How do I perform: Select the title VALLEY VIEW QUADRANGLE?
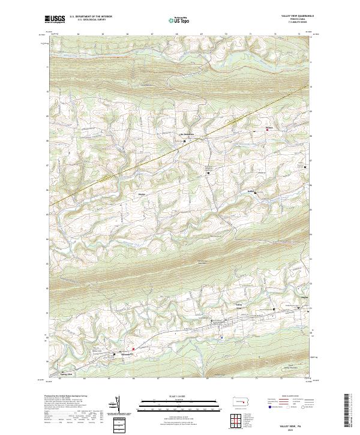(292, 16)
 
